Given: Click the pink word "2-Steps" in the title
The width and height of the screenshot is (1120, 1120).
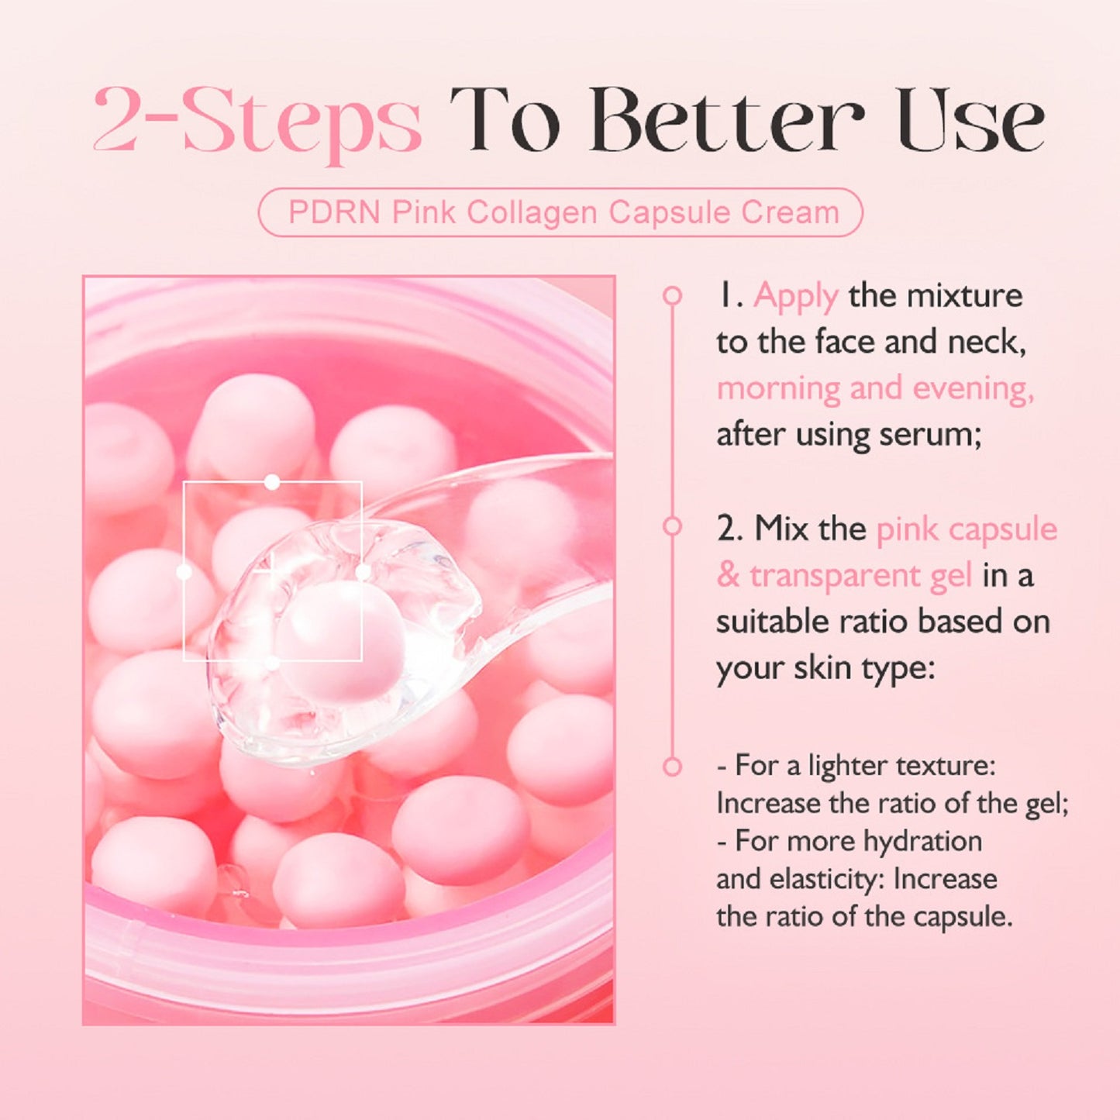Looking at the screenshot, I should [x=257, y=122].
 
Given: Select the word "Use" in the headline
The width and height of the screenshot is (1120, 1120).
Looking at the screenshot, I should [x=970, y=121].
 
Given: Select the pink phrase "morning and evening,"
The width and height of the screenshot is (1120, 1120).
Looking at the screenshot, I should [x=875, y=388].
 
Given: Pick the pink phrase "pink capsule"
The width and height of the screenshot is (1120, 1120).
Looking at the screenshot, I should [x=967, y=529].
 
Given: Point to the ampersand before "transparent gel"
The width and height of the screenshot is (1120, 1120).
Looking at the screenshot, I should [x=728, y=576].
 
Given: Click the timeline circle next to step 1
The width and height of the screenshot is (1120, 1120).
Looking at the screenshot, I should [x=672, y=295].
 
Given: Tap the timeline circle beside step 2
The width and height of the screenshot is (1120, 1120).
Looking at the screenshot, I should [x=672, y=527].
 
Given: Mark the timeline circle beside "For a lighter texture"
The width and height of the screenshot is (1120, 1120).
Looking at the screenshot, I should [x=672, y=767].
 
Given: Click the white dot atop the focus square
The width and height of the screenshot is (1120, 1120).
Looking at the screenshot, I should [x=272, y=483].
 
